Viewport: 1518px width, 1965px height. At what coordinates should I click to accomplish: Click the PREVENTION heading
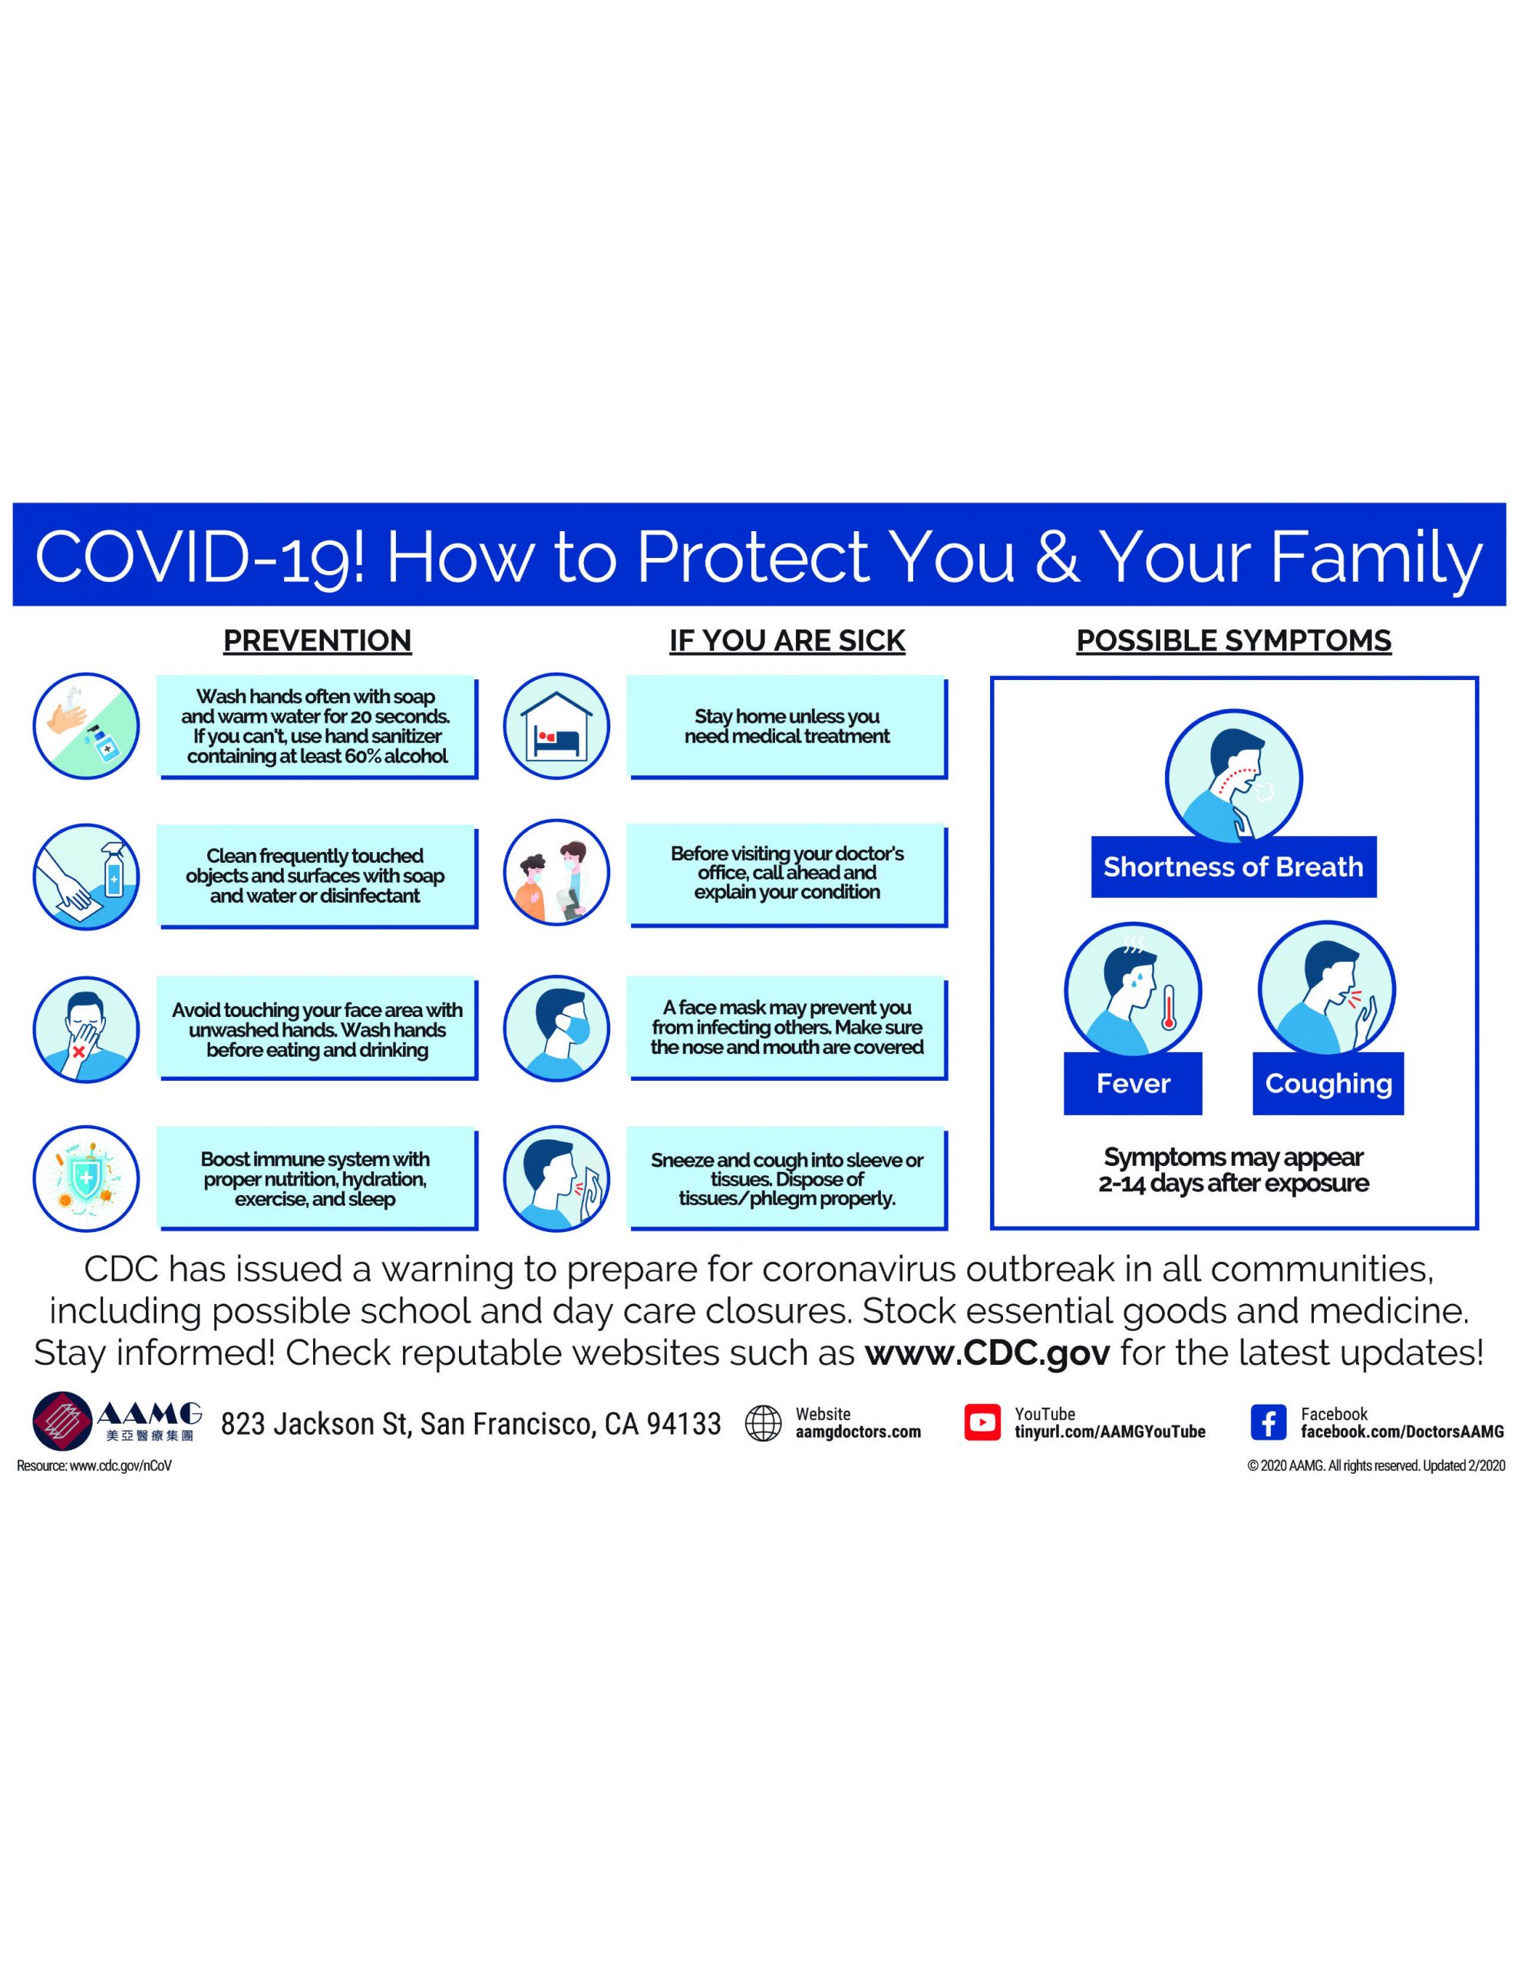(317, 641)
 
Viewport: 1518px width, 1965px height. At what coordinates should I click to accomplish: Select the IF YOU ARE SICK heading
(787, 641)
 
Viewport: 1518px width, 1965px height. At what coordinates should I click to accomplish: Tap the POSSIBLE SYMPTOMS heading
(1233, 641)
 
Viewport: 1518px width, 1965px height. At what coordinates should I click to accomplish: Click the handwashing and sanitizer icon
(87, 726)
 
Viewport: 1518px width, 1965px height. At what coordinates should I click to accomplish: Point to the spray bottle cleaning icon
(87, 877)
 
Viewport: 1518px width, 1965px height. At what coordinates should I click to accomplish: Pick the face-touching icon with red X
(87, 1029)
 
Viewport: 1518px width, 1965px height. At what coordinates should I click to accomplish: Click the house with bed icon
(556, 726)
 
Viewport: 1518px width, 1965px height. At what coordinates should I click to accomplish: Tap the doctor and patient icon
(556, 873)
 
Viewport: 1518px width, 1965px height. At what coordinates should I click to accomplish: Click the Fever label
(1133, 1083)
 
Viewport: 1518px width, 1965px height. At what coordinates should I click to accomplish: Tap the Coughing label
(1328, 1083)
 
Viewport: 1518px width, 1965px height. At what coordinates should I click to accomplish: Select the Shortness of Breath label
(1233, 867)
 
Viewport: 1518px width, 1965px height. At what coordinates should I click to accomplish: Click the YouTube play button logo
(982, 1422)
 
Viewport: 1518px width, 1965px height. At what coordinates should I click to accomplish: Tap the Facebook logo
(1268, 1422)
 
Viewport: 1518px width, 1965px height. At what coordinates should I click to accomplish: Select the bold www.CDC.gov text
(987, 1353)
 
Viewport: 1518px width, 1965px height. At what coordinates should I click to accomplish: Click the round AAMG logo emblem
(62, 1422)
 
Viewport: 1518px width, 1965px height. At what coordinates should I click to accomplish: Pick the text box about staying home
(787, 727)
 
